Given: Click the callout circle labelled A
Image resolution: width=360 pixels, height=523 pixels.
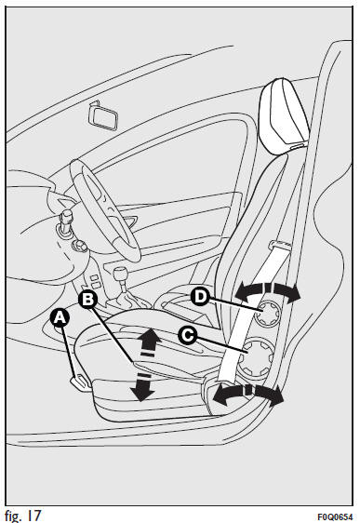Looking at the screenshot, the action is [60, 318].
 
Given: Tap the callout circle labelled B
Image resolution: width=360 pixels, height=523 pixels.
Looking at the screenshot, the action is [87, 300].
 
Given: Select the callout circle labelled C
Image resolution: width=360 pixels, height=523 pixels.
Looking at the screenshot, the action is [187, 334].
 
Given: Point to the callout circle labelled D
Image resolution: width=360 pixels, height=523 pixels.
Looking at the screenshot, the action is [200, 296].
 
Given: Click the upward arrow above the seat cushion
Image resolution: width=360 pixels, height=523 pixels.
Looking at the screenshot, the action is [150, 342].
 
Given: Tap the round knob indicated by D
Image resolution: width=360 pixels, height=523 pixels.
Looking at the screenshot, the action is [267, 313].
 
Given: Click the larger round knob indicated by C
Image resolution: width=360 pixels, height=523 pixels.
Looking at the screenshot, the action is [256, 359].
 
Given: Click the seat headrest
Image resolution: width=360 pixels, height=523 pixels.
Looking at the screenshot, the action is [284, 115].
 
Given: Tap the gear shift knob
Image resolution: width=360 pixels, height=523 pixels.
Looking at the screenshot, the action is [118, 275].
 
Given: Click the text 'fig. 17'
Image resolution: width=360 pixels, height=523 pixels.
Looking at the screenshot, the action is [22, 515].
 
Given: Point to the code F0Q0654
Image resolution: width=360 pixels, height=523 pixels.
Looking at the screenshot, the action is [335, 516].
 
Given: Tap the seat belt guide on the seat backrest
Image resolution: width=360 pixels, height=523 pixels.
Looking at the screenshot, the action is [279, 246].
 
